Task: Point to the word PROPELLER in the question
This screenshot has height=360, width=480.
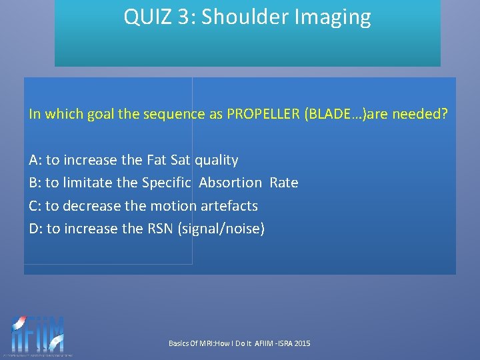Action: tap(263, 114)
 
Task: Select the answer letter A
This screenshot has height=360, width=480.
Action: tap(34, 160)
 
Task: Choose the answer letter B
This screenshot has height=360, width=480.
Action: tap(34, 183)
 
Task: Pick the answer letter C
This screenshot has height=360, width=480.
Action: tap(34, 205)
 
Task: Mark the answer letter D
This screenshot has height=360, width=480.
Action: tap(35, 229)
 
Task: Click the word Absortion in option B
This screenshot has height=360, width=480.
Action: tap(230, 183)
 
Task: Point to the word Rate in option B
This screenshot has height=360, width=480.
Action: tap(284, 183)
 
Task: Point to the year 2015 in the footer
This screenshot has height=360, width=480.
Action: tap(302, 343)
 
